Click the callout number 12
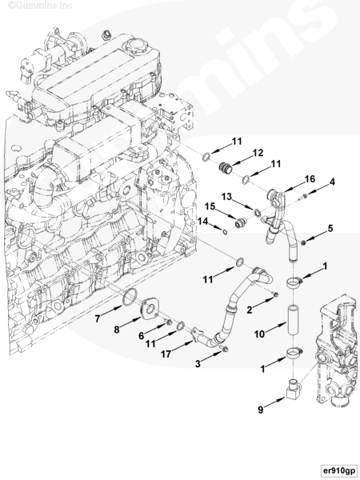click(x=258, y=153)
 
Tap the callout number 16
click(x=310, y=178)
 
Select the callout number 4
click(x=332, y=182)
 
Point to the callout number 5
click(x=330, y=228)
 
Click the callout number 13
click(x=226, y=196)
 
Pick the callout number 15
click(x=210, y=206)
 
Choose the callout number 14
click(x=202, y=221)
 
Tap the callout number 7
click(x=98, y=318)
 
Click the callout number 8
click(x=116, y=330)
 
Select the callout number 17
click(x=166, y=354)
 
